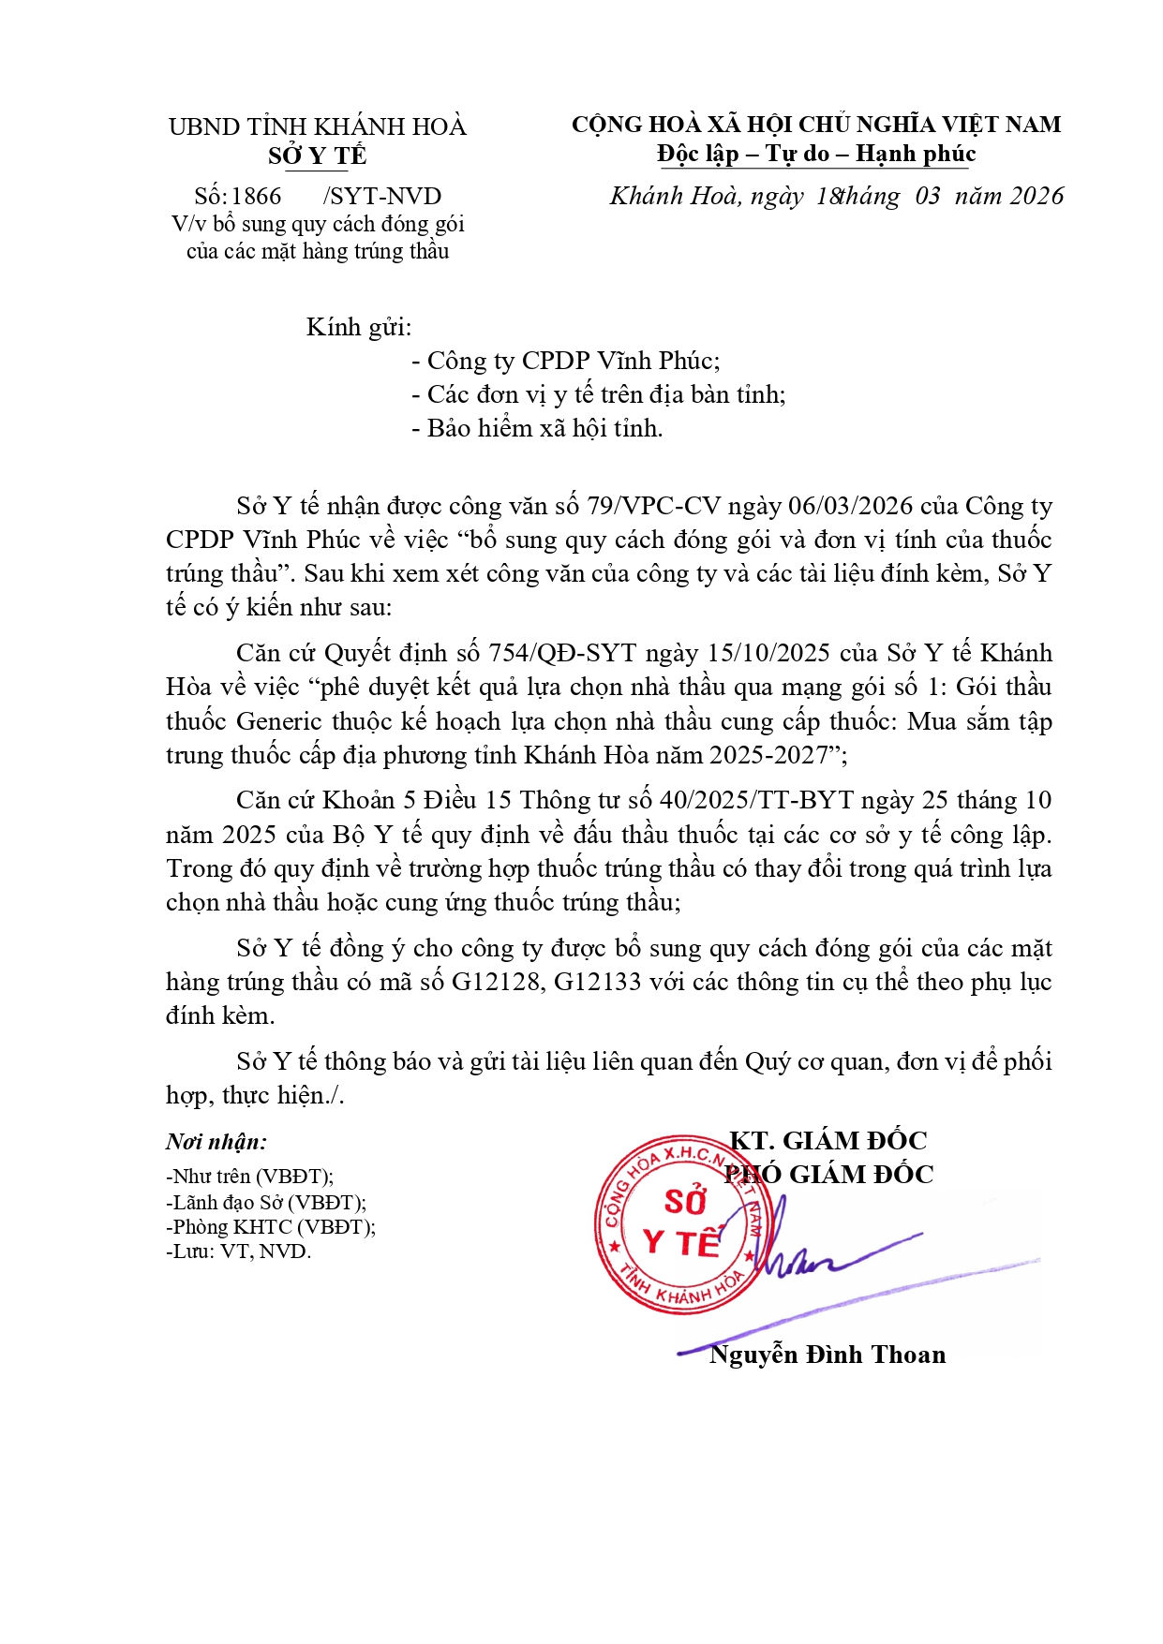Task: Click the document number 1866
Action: click(256, 197)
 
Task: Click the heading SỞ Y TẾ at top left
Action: click(317, 156)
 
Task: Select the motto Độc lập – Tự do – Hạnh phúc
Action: click(816, 154)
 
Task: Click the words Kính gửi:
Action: click(359, 327)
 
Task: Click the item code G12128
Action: click(496, 982)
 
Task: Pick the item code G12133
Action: click(598, 982)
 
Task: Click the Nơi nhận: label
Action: click(216, 1142)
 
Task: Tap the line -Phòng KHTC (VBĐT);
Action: click(271, 1227)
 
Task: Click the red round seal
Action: click(677, 1223)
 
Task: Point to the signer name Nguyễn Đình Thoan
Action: click(828, 1355)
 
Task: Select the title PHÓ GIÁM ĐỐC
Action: click(829, 1175)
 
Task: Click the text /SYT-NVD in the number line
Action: click(382, 197)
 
